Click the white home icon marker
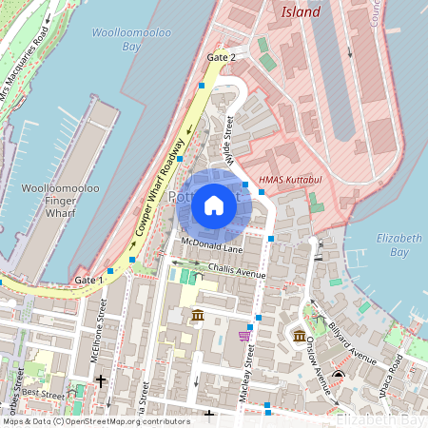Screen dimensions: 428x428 click(x=214, y=205)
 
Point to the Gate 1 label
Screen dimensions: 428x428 click(x=88, y=281)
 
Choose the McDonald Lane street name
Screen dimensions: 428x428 click(x=212, y=248)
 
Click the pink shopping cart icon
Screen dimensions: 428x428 click(x=244, y=335)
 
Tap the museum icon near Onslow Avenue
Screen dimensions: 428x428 click(x=299, y=337)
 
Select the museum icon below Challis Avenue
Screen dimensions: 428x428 click(x=197, y=315)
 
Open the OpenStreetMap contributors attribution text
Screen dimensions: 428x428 click(x=95, y=420)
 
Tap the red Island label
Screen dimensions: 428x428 click(x=301, y=12)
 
